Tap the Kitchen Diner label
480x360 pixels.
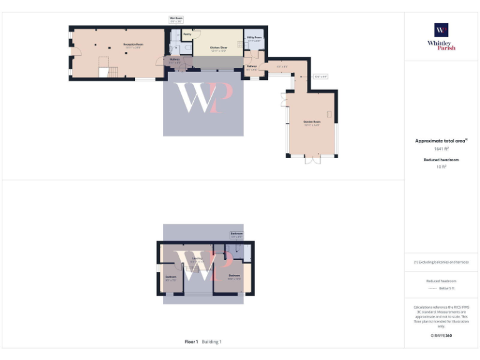(x=218, y=47)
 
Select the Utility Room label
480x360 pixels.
(x=254, y=38)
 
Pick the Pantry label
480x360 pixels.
(x=187, y=34)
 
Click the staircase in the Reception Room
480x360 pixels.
(x=104, y=70)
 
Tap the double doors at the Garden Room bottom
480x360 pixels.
(x=312, y=159)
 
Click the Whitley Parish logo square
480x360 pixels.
(x=441, y=30)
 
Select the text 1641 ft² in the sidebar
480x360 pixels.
(x=441, y=149)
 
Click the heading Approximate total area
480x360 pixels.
(x=441, y=141)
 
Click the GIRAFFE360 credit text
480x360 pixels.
(x=441, y=336)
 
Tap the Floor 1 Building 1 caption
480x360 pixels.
(x=203, y=342)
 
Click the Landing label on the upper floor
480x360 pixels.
(x=197, y=259)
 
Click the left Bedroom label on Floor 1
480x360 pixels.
(x=171, y=278)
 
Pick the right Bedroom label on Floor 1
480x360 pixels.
(x=234, y=276)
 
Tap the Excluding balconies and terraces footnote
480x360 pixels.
(x=441, y=262)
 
